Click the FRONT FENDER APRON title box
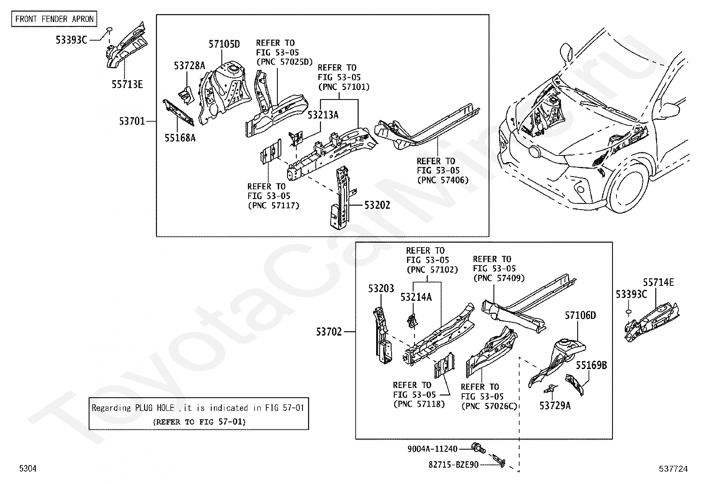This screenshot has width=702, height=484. [54, 19]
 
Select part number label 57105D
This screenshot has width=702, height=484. [224, 44]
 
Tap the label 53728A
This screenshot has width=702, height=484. [189, 66]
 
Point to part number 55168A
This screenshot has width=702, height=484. [180, 138]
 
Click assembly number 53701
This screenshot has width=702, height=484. [132, 121]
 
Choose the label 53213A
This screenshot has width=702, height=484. [323, 115]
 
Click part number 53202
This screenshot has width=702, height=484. [377, 205]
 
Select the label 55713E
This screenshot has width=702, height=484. [127, 85]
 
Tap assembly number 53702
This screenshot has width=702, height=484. [329, 332]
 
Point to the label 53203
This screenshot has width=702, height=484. [381, 288]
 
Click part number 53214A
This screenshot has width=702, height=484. [416, 297]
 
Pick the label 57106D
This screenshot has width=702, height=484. [580, 315]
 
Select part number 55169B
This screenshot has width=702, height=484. [591, 365]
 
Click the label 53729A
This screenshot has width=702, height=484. [555, 406]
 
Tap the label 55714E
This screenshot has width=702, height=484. [658, 283]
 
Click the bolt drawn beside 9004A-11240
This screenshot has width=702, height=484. [478, 448]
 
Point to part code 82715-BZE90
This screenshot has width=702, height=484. [453, 464]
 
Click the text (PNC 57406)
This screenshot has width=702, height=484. [443, 180]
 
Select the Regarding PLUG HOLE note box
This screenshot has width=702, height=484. [198, 414]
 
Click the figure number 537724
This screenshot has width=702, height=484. [673, 469]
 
